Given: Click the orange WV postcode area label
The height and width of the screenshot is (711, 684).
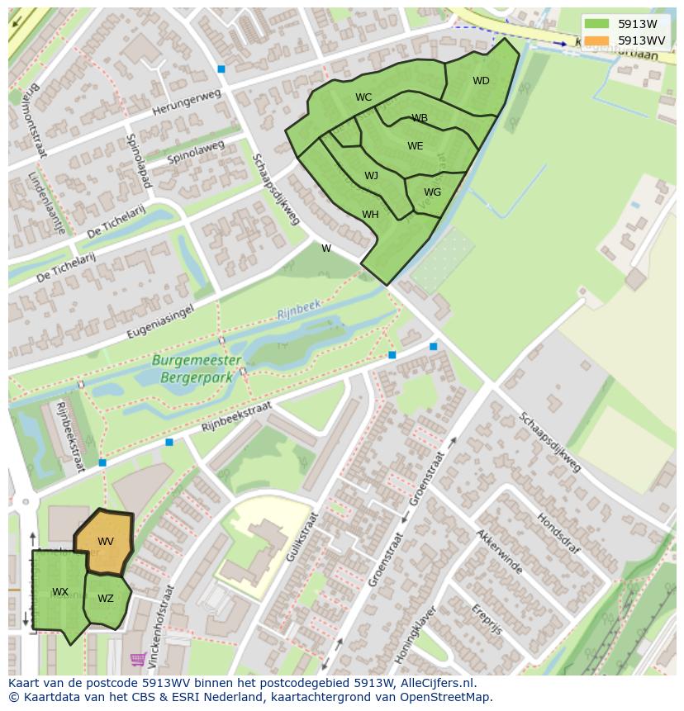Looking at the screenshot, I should pyautogui.click(x=106, y=542).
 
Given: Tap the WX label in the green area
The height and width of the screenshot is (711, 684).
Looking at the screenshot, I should pyautogui.click(x=60, y=592).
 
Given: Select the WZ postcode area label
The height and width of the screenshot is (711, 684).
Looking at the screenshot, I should pyautogui.click(x=106, y=599).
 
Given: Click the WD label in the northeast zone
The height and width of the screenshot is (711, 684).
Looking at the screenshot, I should pyautogui.click(x=481, y=81).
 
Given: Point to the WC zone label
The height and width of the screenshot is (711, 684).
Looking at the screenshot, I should pyautogui.click(x=363, y=97).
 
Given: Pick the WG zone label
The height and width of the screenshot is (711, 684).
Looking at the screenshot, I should pyautogui.click(x=432, y=192).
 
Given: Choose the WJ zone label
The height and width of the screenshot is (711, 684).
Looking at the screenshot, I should pyautogui.click(x=371, y=176).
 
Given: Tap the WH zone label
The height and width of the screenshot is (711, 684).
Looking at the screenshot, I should pyautogui.click(x=370, y=215).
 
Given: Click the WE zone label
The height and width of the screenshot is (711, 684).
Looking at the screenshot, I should pyautogui.click(x=415, y=146).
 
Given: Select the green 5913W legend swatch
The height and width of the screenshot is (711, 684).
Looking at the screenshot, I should pyautogui.click(x=596, y=24).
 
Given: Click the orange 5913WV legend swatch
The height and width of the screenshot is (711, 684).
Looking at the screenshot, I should pyautogui.click(x=596, y=40).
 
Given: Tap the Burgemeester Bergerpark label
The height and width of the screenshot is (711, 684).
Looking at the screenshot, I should pyautogui.click(x=197, y=367).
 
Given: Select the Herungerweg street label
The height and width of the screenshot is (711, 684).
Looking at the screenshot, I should pyautogui.click(x=187, y=104).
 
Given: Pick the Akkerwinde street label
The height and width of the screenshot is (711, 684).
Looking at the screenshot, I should pyautogui.click(x=498, y=551).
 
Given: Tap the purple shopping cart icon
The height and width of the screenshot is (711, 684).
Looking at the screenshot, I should pyautogui.click(x=138, y=659).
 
